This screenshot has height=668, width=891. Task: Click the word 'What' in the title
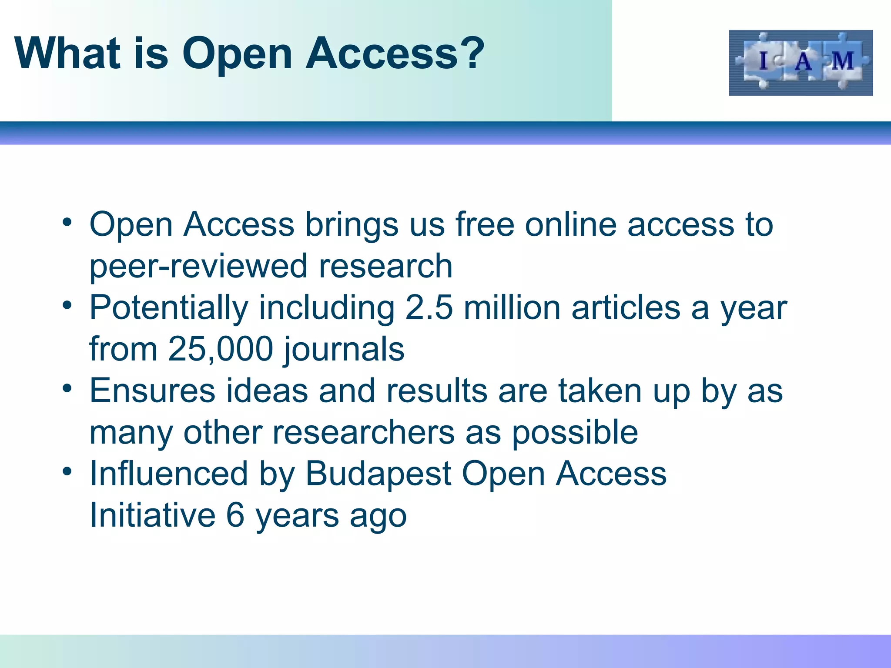[x=67, y=53]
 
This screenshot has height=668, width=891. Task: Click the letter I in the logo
[x=763, y=61]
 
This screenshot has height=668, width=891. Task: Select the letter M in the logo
[x=842, y=61]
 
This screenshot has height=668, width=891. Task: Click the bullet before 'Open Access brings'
[x=67, y=223]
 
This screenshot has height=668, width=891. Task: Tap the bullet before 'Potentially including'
[x=67, y=306]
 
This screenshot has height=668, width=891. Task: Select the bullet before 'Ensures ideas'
[x=67, y=388]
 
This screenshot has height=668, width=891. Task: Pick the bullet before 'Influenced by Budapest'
[x=67, y=471]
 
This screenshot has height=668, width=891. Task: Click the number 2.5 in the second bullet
[x=429, y=307]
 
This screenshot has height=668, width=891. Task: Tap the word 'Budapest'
[x=378, y=474]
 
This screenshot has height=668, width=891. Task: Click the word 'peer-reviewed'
[x=198, y=266]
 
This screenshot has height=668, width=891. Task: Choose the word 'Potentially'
[x=169, y=308]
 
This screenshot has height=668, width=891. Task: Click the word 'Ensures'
[x=152, y=391]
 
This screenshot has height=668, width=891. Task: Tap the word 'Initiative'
[x=152, y=515]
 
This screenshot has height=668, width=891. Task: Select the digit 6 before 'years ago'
[x=235, y=515]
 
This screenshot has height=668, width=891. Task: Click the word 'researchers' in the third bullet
[x=363, y=432]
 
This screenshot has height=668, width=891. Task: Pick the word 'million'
[x=512, y=307]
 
